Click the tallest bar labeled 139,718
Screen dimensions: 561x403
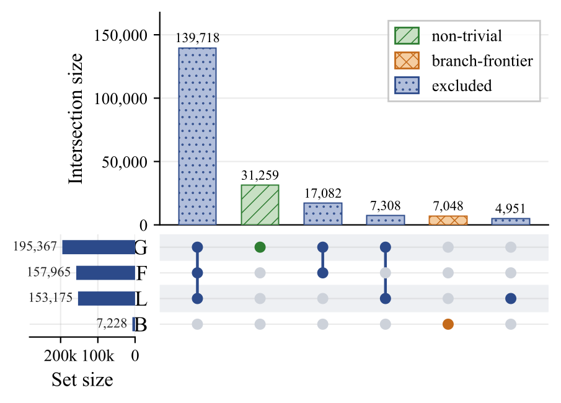coord(198,136)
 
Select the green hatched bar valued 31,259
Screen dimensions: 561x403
coord(260,205)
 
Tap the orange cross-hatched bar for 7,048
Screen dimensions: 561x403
coord(448,220)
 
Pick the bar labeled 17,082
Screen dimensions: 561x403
coord(323,214)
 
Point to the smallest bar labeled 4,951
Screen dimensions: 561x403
coord(511,221)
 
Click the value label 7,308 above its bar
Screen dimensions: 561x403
coord(386,206)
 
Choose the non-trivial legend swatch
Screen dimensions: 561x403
coord(407,35)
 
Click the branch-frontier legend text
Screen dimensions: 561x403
coord(482,61)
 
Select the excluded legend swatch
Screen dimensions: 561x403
coord(407,85)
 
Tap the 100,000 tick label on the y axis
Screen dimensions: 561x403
coord(121,99)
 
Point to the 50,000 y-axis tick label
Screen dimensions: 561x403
coord(125,162)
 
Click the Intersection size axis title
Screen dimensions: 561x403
coord(76,119)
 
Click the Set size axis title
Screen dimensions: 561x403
coord(82,379)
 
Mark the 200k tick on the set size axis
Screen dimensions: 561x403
coord(61,356)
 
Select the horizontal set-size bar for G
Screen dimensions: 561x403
coord(99,247)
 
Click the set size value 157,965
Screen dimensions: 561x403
coord(49,272)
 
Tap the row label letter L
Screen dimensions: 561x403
coord(141,299)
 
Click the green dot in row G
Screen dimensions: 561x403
coord(260,247)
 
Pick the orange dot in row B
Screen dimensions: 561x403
coord(448,324)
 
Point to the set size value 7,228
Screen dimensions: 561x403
coord(112,324)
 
